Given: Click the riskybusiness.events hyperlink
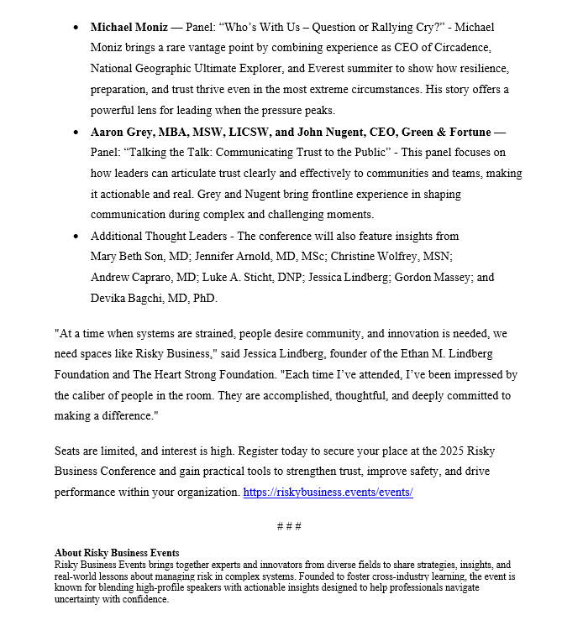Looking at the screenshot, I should [328, 493].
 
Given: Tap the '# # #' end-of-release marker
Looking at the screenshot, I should [289, 526].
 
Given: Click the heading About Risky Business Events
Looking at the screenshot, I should [117, 554].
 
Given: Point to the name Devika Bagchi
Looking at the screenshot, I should [125, 298].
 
